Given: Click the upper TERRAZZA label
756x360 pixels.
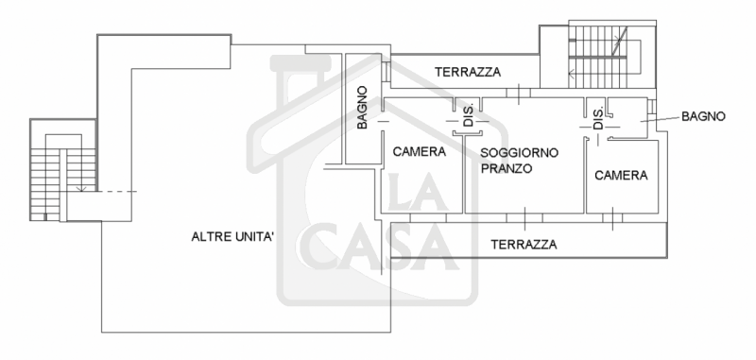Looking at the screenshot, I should tap(468, 73).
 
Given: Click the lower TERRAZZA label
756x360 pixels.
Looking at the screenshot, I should tap(524, 244).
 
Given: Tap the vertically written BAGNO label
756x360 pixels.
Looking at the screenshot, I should tap(362, 108).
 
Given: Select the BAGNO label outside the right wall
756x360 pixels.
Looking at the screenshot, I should tap(703, 117).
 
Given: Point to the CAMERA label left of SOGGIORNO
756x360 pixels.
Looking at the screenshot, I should tap(420, 151).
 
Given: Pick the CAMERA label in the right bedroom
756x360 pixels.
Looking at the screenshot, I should tap(621, 176).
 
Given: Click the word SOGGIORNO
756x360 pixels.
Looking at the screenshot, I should tap(520, 152).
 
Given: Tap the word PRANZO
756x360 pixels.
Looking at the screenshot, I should tap(506, 169).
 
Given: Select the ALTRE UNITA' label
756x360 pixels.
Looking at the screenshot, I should tap(232, 237).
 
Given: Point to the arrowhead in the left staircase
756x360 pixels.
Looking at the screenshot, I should tap(82, 190).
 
